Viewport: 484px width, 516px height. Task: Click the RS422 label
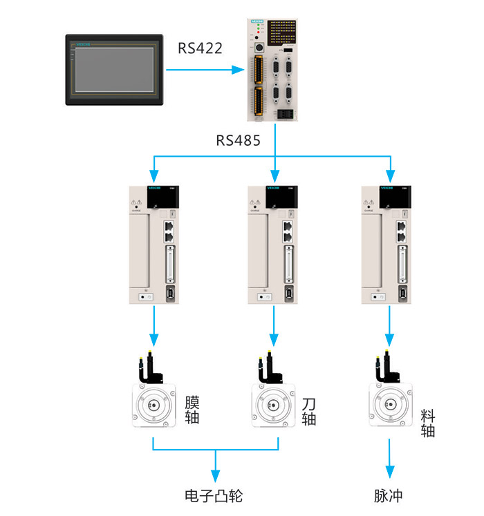tap(201, 48)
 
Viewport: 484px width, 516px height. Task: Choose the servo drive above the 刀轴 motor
tap(274, 245)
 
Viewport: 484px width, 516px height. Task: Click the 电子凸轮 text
tap(214, 496)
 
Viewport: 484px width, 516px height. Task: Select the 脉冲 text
tap(388, 496)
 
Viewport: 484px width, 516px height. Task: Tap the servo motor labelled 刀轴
tap(274, 405)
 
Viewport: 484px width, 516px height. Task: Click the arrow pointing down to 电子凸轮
tap(215, 474)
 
